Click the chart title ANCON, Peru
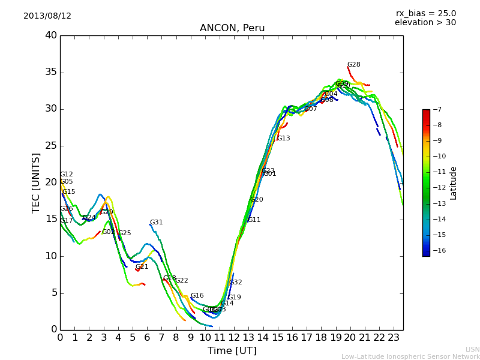232,28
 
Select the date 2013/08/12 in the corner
47,16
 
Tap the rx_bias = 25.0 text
425,14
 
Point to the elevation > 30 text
425,23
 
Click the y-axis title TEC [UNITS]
36,182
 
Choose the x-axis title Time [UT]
232,350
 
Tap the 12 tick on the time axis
234,337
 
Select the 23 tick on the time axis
394,337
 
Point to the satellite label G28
354,65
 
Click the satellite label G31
157,223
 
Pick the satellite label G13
283,139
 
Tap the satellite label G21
142,267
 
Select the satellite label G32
236,283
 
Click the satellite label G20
257,200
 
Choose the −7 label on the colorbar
436,110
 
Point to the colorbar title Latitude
454,183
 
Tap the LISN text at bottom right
472,349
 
